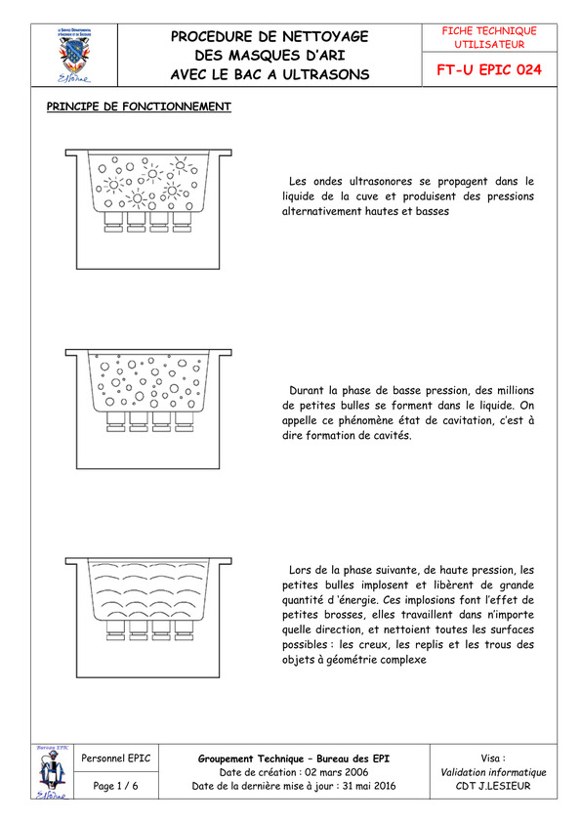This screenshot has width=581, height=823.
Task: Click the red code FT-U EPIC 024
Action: click(488, 69)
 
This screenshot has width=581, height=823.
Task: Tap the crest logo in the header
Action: click(74, 55)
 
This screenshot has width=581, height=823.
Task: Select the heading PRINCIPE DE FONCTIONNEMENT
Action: click(139, 107)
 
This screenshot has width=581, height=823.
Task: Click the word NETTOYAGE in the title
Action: click(325, 37)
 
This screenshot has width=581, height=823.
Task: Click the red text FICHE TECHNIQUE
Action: click(489, 31)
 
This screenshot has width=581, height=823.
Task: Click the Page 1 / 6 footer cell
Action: click(115, 786)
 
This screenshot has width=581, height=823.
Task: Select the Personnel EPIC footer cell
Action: click(115, 758)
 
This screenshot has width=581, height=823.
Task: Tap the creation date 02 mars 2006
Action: click(336, 772)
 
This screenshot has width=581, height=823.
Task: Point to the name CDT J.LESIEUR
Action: click(493, 786)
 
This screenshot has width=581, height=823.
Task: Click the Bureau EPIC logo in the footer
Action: click(53, 771)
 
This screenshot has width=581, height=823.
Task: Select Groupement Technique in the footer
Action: click(251, 758)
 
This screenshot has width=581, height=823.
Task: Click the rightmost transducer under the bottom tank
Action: click(185, 629)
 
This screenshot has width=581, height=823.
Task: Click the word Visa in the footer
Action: click(491, 758)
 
